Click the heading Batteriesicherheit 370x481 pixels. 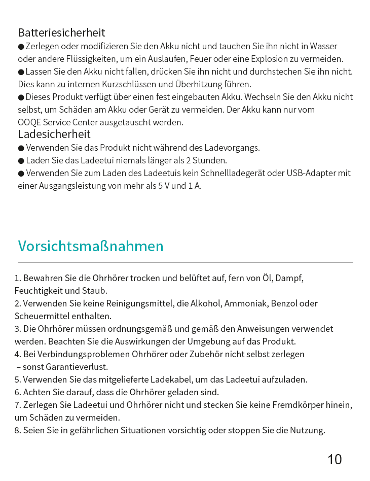pyautogui.click(x=61, y=32)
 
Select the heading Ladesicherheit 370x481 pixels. pyautogui.click(x=54, y=134)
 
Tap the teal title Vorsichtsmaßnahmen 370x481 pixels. pyautogui.click(x=91, y=246)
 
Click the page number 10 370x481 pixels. pyautogui.click(x=335, y=460)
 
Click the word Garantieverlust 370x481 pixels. pyautogui.click(x=77, y=367)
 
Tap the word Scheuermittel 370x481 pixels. pyautogui.click(x=40, y=316)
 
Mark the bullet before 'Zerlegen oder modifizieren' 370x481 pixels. pyautogui.click(x=21, y=47)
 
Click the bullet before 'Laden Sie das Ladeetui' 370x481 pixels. pyautogui.click(x=21, y=161)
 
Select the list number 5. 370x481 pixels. pyautogui.click(x=17, y=380)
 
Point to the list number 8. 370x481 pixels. pyautogui.click(x=17, y=430)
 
